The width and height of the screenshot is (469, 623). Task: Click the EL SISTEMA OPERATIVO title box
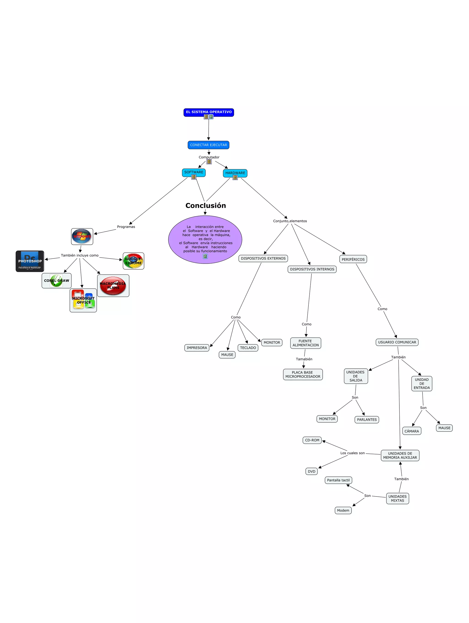[209, 112]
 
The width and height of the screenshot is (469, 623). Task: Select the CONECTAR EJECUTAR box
[208, 145]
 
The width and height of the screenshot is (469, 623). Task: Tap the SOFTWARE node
[194, 172]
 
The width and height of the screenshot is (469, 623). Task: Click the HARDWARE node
[235, 173]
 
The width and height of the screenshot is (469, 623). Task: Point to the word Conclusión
[205, 206]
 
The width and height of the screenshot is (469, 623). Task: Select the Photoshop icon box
[30, 261]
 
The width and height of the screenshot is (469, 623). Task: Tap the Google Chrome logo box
[133, 261]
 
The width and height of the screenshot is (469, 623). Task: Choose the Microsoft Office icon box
[83, 300]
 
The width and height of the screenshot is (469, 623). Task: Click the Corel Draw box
[56, 280]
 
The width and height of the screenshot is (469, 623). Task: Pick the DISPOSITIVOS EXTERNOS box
[263, 258]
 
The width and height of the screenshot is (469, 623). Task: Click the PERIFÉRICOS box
[353, 259]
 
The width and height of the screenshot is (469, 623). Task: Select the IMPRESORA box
[197, 348]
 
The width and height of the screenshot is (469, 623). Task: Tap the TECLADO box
[248, 348]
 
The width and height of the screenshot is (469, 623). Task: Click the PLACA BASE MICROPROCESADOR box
[303, 374]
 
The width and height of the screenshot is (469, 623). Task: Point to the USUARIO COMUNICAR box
[397, 342]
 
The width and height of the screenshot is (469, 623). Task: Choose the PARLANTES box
[366, 420]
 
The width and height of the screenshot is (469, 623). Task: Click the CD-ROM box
[312, 440]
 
